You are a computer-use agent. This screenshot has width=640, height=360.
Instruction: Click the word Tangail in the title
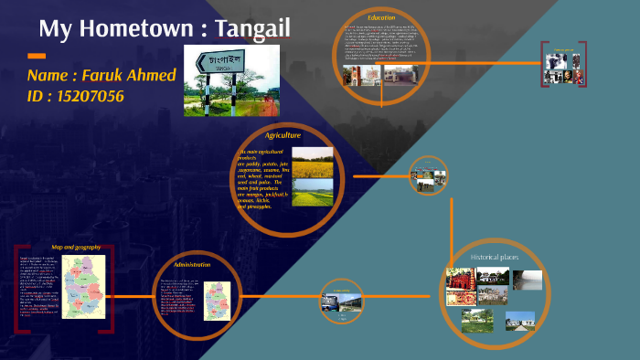(x=251, y=28)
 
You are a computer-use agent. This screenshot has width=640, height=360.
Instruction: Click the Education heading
(x=380, y=18)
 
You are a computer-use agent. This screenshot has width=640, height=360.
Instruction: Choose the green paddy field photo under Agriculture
(x=312, y=192)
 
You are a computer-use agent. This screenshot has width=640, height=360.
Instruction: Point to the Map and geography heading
(x=75, y=248)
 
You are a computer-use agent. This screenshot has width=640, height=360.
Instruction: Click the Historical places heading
(x=496, y=259)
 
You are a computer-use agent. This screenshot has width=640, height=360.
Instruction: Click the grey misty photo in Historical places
(x=527, y=280)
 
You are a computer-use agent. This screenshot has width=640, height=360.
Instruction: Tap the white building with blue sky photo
(x=519, y=320)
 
